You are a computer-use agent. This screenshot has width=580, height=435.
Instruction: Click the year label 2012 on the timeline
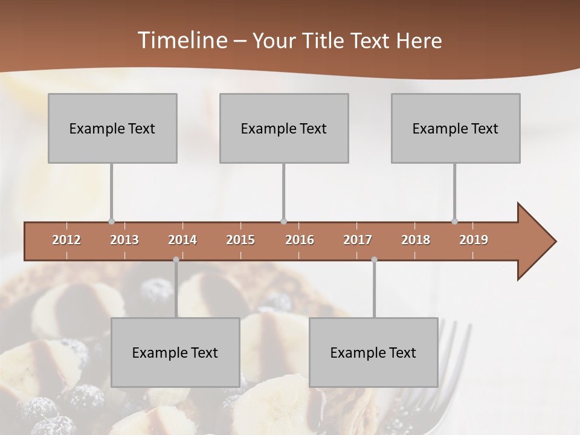click(66, 240)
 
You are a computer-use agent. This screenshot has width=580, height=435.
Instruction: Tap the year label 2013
click(124, 240)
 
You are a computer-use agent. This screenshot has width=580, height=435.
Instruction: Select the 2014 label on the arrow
click(182, 240)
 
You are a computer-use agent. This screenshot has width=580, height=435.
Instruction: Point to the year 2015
click(240, 240)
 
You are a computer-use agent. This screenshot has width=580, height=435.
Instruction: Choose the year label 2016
click(300, 240)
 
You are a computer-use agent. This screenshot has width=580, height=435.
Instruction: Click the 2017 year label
click(358, 240)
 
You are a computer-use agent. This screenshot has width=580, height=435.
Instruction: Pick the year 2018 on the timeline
click(416, 240)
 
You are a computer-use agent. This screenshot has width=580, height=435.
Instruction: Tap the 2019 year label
click(474, 240)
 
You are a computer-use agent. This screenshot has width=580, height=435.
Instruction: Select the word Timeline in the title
click(181, 40)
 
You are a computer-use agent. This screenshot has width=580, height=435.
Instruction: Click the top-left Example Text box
click(112, 128)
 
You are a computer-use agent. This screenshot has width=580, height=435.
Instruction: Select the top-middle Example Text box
click(284, 128)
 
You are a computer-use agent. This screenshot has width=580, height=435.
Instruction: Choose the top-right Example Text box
click(456, 128)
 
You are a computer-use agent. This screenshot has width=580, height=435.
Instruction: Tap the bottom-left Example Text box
click(175, 352)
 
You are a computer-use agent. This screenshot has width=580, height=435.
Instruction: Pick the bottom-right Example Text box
click(373, 352)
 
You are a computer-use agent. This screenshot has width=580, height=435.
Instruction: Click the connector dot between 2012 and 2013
click(111, 221)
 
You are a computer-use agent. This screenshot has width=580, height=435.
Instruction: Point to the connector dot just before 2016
click(284, 221)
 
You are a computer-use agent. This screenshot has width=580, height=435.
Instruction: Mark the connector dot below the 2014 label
click(176, 260)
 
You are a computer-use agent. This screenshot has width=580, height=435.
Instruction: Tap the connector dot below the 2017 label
click(374, 260)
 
